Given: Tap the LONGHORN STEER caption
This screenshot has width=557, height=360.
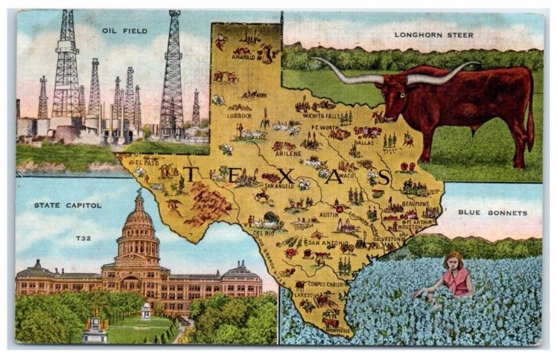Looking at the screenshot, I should pyautogui.click(x=434, y=35).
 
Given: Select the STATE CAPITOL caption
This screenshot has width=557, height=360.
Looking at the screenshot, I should pyautogui.click(x=68, y=205).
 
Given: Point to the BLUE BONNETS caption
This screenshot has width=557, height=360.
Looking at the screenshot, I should pyautogui.click(x=492, y=212).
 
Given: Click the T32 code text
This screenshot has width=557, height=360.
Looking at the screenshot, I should pyautogui.click(x=84, y=238).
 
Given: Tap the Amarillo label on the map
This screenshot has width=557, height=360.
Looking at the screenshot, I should pyautogui.click(x=243, y=58).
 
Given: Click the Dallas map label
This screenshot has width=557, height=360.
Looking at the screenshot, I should pyautogui.click(x=363, y=142).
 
